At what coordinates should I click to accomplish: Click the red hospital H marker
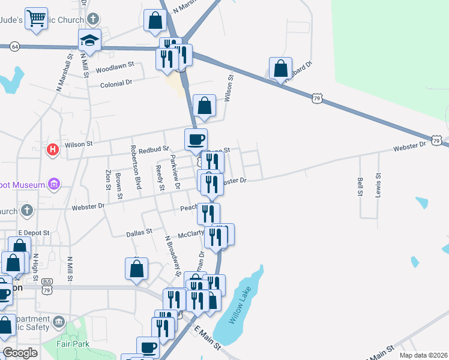tap(53, 150)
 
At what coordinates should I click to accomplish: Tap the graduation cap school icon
tap(89, 40)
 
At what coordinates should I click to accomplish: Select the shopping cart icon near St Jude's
tap(36, 20)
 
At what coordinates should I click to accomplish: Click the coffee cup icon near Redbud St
tap(196, 140)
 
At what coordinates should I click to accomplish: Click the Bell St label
tap(360, 187)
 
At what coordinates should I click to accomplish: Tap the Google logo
tap(20, 353)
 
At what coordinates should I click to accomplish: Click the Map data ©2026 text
tap(423, 355)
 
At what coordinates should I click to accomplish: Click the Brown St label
tap(119, 186)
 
